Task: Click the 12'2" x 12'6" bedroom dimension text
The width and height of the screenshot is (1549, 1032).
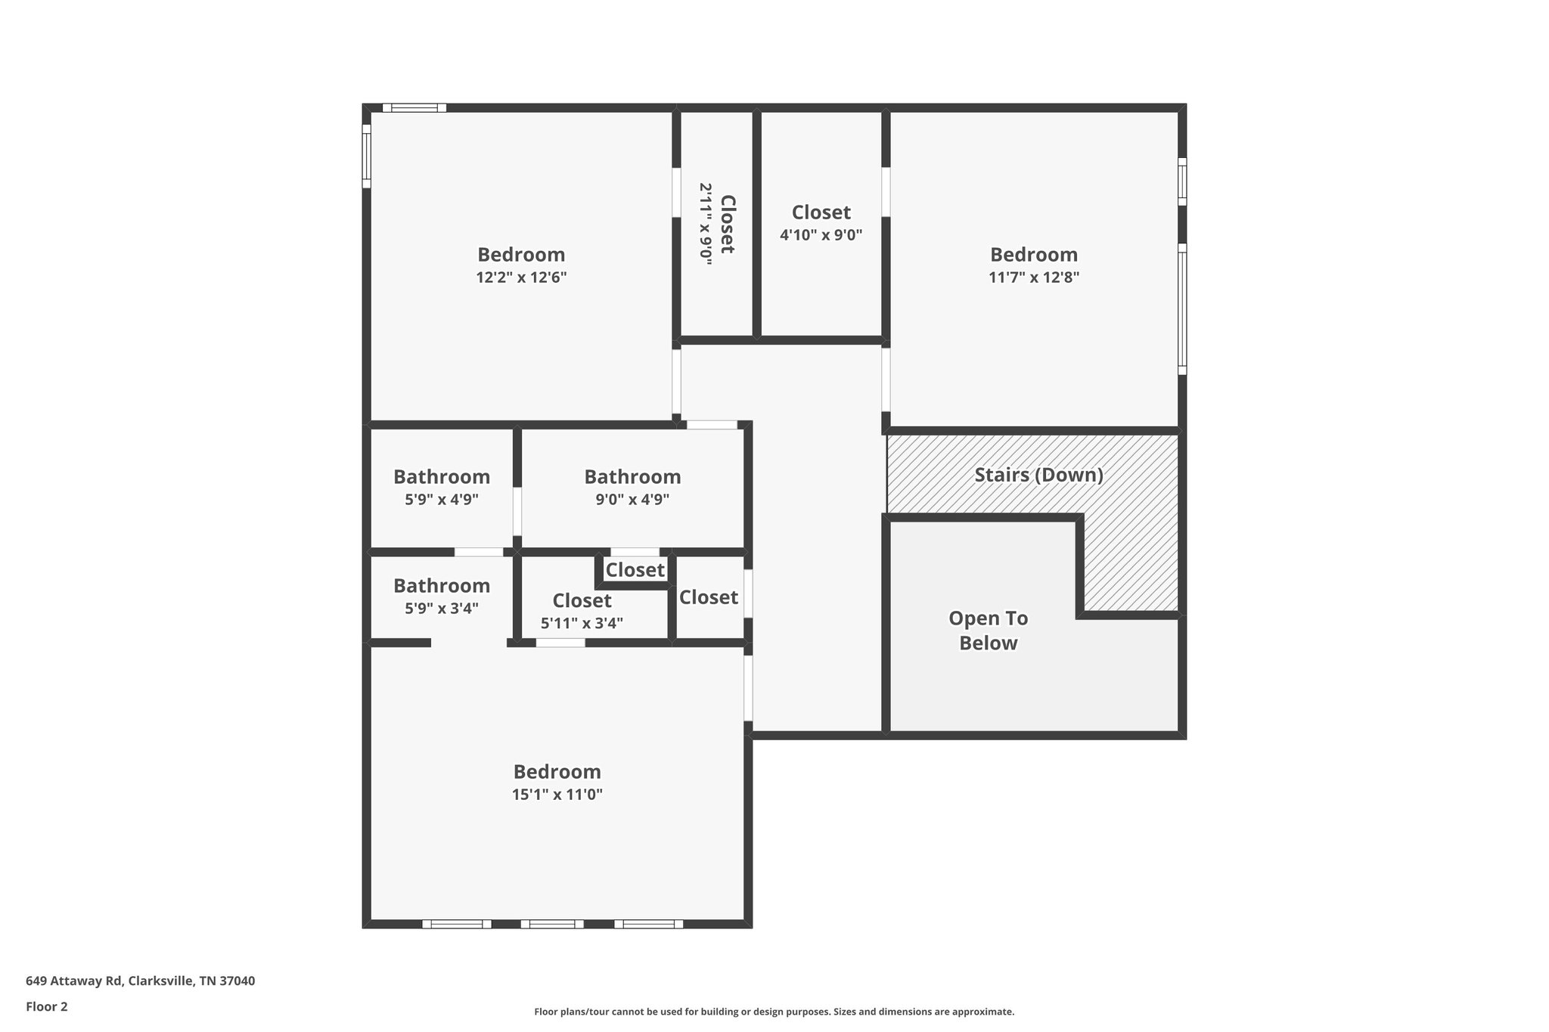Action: pos(521,277)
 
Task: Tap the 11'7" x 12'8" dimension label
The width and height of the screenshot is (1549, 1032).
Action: pos(1033,277)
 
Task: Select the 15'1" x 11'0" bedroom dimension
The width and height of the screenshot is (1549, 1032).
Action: pos(557,795)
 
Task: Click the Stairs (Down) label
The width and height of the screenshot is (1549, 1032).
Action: pos(1038,476)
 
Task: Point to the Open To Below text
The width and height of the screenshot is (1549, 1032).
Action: pos(988,631)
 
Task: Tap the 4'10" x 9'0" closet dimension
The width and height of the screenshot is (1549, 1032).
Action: pos(821,235)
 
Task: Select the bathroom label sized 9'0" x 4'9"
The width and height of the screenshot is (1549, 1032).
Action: pos(632,477)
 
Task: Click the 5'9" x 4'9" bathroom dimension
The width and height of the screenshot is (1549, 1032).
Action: pos(442,500)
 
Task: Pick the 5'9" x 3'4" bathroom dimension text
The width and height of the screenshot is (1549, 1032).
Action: pos(442,609)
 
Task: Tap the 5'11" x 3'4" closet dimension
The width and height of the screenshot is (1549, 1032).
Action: pos(582,624)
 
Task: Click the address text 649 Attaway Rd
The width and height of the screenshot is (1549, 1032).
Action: pos(141,981)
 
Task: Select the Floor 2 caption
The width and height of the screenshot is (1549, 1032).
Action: pos(47,1007)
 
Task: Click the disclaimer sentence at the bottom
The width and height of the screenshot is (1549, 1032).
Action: pos(774,1012)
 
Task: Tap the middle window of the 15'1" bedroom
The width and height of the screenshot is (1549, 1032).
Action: pos(552,924)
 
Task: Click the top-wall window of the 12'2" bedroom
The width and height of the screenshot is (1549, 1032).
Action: pos(414,107)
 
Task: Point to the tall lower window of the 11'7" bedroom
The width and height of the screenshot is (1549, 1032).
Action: pos(1182,308)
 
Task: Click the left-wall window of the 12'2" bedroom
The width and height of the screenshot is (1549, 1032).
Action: pos(367,157)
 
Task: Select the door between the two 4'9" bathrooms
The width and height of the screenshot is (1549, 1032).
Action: pos(517,512)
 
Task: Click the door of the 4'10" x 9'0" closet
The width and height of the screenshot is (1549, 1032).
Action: pos(886,191)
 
